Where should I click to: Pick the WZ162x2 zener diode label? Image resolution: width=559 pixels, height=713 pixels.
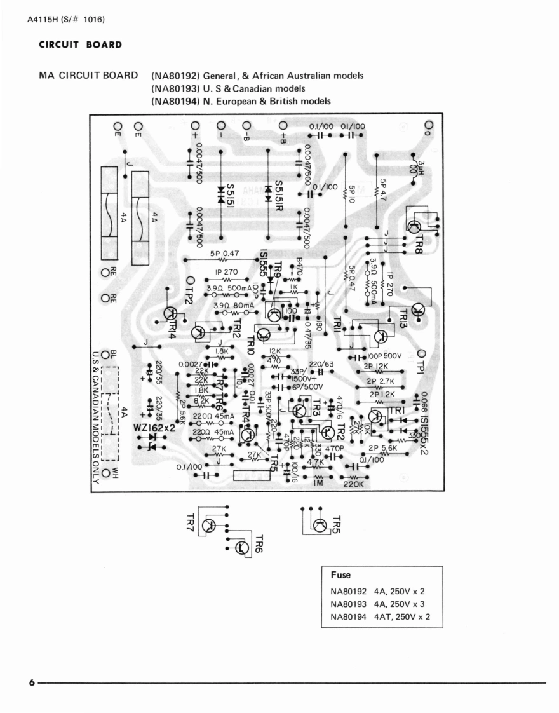[154, 428]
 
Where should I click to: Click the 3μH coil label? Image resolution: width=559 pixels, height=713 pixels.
[421, 170]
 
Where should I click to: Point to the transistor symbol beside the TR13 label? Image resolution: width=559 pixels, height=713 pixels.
[418, 310]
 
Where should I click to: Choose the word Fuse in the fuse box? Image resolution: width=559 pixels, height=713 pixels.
[340, 575]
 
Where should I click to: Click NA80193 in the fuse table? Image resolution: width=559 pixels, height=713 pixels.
[349, 604]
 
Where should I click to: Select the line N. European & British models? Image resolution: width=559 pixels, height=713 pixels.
[241, 101]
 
